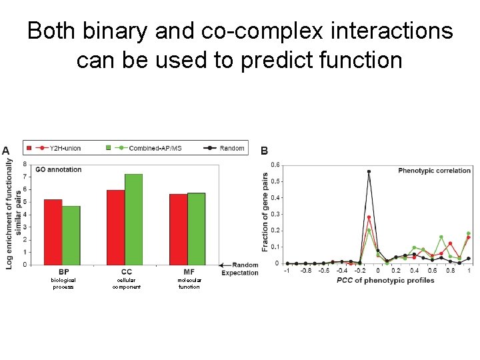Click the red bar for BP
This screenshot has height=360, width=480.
point(53,232)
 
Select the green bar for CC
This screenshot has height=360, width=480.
point(133,219)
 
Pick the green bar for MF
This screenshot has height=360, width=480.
point(196,229)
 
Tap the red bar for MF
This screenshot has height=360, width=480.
point(178,229)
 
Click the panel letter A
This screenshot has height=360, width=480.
point(5,151)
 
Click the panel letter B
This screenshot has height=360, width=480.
point(264,151)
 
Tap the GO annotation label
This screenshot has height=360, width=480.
point(58,170)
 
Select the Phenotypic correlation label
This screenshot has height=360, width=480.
point(434,171)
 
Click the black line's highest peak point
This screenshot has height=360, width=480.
point(369,171)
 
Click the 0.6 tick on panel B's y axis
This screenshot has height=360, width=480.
point(275,165)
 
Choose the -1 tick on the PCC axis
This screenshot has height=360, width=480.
point(287,271)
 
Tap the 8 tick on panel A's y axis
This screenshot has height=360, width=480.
point(25,164)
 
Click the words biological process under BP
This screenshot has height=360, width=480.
point(64,283)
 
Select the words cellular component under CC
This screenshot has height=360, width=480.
point(127,283)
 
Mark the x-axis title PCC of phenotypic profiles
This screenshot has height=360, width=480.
point(376,281)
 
